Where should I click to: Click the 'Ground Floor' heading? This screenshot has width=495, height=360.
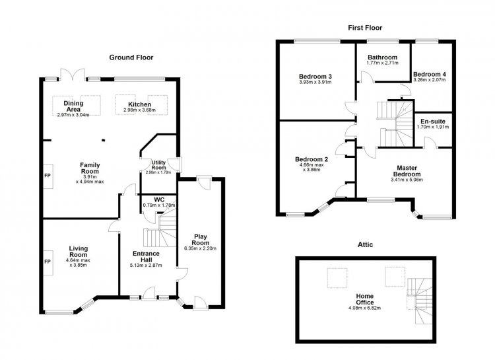tap(131, 57)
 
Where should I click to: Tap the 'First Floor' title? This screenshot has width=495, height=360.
tap(365, 28)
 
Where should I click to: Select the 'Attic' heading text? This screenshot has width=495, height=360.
tap(365, 244)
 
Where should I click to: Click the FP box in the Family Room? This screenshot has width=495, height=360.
tap(48, 176)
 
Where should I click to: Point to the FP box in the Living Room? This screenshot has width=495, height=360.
tap(48, 262)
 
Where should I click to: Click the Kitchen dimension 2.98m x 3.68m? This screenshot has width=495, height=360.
tap(139, 110)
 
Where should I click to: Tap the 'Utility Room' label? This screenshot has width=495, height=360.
tap(158, 165)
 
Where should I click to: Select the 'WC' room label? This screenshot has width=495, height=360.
tap(159, 199)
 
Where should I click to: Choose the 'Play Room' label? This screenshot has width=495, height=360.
tap(201, 240)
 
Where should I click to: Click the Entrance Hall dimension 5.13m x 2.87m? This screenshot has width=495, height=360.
tap(146, 265)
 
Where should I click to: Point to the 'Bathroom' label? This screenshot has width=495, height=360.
tap(382, 57)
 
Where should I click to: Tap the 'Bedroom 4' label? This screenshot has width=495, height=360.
tap(430, 74)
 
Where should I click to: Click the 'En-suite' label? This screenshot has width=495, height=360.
tap(433, 122)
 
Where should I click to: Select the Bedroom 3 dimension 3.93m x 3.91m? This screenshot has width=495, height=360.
tap(315, 82)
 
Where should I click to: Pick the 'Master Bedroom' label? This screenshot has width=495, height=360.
tap(407, 171)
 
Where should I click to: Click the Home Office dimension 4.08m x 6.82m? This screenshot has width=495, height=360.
tap(364, 308)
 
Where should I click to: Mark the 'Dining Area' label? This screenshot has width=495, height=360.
tap(73, 106)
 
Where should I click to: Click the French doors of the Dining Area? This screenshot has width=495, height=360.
tap(73, 74)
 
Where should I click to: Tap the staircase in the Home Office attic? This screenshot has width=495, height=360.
tap(420, 301)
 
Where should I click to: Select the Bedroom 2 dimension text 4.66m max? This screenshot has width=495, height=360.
tap(310, 165)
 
